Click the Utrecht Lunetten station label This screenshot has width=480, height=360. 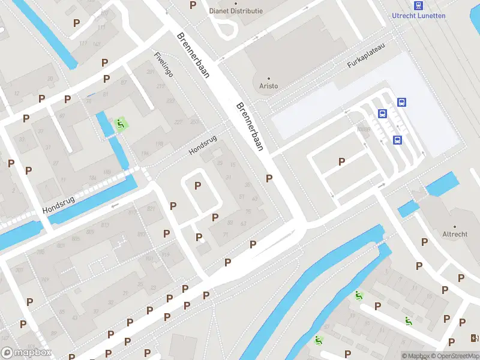[x=418, y=16]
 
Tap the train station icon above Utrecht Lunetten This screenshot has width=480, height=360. [x=418, y=5]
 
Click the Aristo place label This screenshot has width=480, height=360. [x=269, y=86]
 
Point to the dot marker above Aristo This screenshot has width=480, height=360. [x=269, y=78]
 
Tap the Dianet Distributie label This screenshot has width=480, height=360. [x=236, y=11]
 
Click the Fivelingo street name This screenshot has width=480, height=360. [x=164, y=64]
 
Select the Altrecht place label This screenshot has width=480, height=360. [x=454, y=234]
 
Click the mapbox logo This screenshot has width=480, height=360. [x=26, y=353]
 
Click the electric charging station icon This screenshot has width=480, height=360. [x=475, y=338]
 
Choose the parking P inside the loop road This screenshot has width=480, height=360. [x=197, y=185]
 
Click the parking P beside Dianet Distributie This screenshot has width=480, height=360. [x=193, y=5]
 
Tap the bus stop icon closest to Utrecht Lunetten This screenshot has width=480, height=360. [x=401, y=102]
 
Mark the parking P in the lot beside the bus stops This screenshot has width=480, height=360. [x=341, y=161]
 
